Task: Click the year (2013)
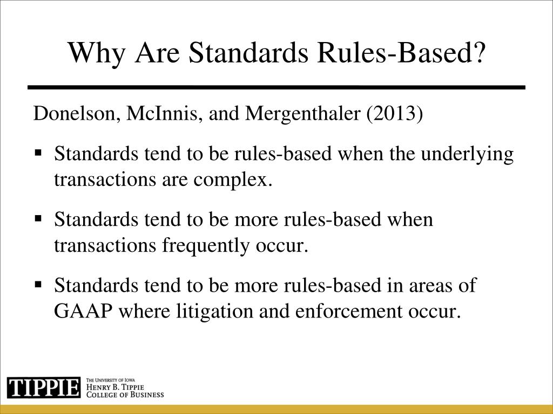(x=394, y=115)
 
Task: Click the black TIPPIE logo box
(x=44, y=388)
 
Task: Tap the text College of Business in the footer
(x=125, y=394)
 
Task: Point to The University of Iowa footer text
(x=111, y=379)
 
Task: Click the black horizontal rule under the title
(x=276, y=87)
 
